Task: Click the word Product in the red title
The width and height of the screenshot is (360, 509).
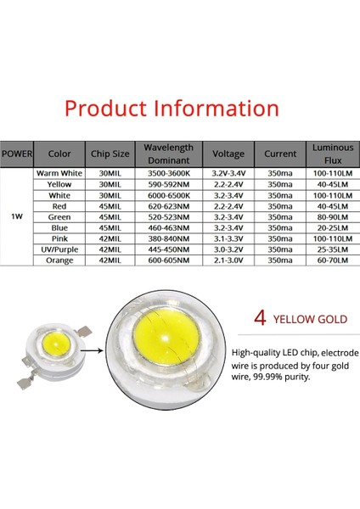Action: click(x=108, y=109)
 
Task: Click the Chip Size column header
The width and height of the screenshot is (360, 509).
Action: click(x=110, y=154)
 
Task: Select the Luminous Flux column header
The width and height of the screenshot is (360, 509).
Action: click(x=327, y=154)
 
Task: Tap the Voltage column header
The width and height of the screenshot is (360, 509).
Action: click(x=228, y=154)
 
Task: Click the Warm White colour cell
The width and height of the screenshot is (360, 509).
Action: click(x=59, y=172)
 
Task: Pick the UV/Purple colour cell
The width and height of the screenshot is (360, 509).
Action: click(x=59, y=249)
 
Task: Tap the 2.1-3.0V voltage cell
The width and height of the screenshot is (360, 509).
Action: click(x=228, y=260)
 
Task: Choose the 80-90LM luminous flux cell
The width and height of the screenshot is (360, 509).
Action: click(x=327, y=216)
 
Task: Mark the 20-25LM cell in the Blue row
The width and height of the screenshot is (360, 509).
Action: click(x=327, y=227)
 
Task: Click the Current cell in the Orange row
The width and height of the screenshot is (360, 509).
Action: click(x=279, y=260)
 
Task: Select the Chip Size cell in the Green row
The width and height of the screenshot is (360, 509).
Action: click(x=110, y=216)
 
